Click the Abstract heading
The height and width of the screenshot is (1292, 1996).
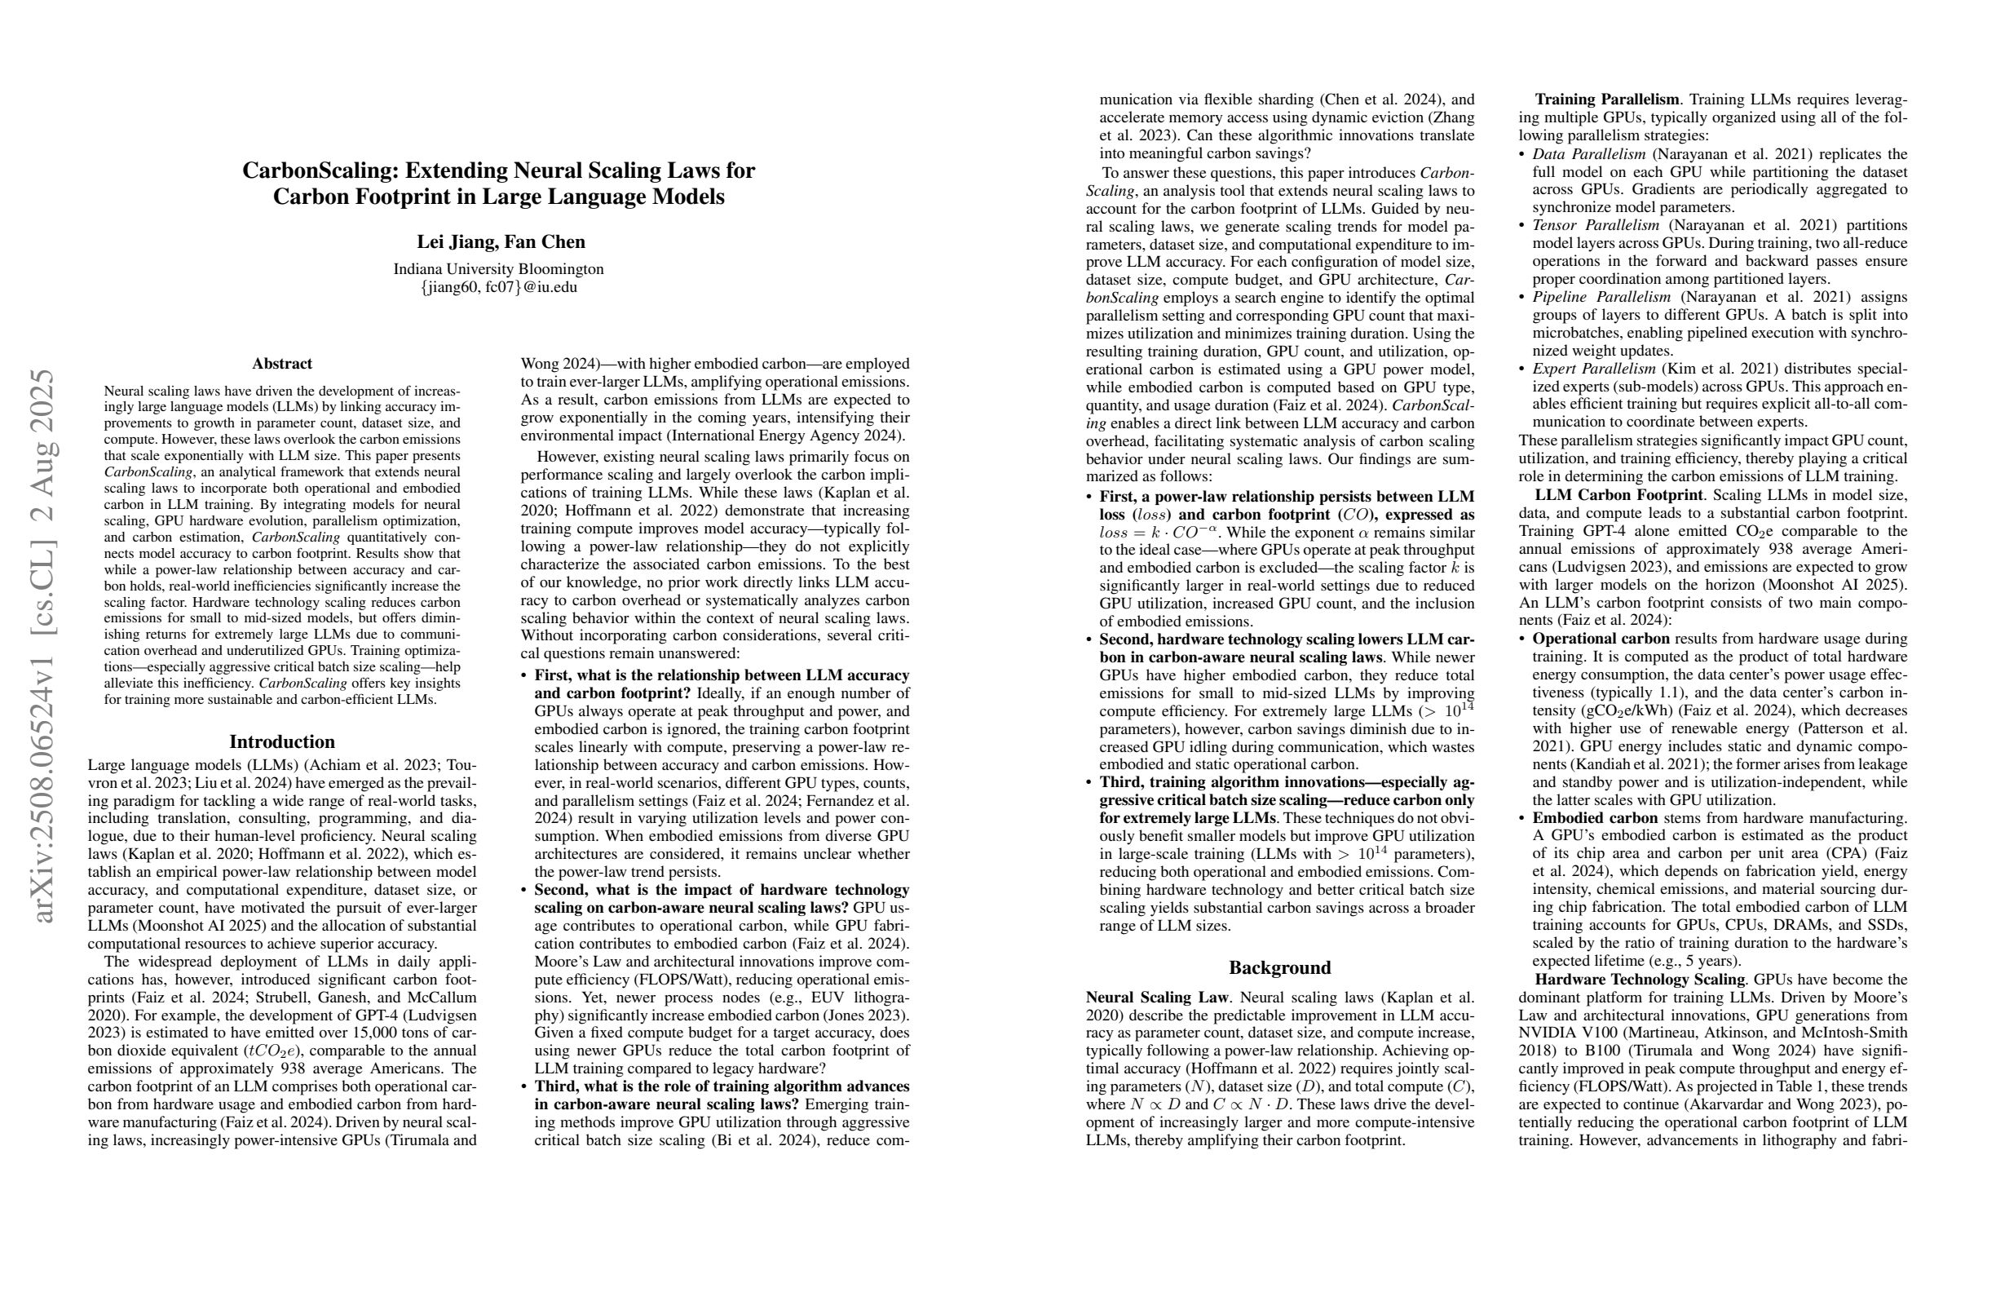(282, 363)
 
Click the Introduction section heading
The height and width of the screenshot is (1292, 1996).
(282, 741)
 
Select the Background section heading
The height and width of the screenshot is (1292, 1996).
(1280, 967)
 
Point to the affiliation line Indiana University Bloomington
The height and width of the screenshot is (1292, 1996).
(498, 269)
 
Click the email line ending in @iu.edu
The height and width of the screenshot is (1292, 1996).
(498, 287)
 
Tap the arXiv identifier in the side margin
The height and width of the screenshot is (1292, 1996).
(46, 646)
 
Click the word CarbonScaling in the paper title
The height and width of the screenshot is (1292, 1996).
(320, 171)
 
